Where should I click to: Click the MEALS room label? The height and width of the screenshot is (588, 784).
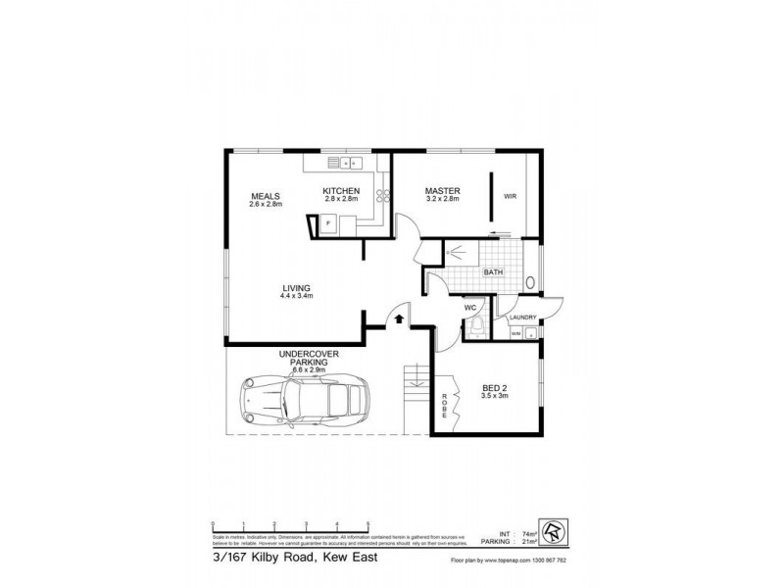pyautogui.click(x=266, y=196)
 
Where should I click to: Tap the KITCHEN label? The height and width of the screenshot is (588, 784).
pyautogui.click(x=343, y=190)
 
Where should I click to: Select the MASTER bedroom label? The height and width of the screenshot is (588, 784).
pyautogui.click(x=442, y=190)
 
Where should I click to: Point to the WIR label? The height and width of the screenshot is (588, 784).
pyautogui.click(x=510, y=197)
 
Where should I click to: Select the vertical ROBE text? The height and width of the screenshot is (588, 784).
pyautogui.click(x=443, y=407)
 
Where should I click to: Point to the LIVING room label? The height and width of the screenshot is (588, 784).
pyautogui.click(x=295, y=287)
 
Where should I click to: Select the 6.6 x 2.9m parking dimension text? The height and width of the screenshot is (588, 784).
pyautogui.click(x=302, y=369)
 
